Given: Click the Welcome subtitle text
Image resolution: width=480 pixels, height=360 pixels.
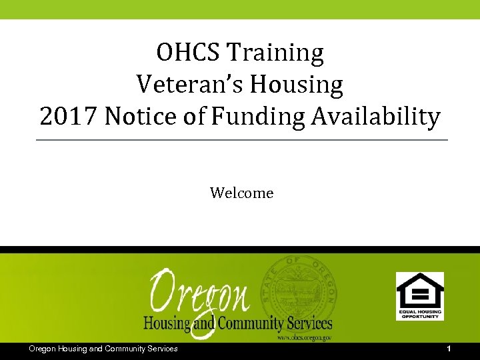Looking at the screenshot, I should point(241,193).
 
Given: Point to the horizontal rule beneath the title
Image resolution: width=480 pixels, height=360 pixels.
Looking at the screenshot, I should point(241,140).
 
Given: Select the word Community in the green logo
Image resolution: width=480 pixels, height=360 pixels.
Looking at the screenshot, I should point(250,324).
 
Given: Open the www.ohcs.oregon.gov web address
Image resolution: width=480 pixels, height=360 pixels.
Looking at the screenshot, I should point(303,338).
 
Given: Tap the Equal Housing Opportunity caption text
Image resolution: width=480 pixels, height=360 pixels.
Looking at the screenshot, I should point(419,313).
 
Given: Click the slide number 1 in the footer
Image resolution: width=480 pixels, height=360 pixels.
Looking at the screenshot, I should point(449,349).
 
